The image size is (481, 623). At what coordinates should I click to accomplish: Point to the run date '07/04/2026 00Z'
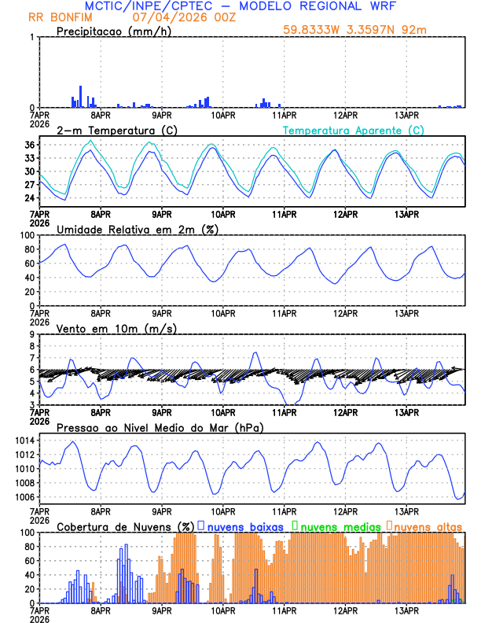179,17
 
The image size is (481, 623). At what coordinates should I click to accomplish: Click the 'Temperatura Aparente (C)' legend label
354,130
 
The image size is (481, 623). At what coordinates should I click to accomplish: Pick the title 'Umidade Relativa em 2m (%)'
137,229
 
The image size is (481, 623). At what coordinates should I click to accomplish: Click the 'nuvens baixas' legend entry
244,525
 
